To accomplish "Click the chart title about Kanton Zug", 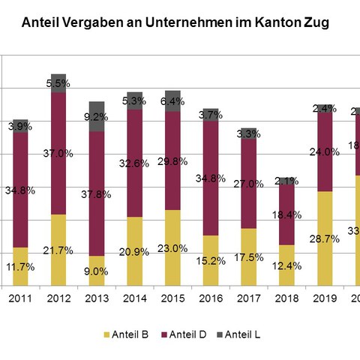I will point(175,23).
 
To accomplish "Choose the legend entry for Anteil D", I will point(187,333).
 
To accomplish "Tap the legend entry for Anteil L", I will point(242,333).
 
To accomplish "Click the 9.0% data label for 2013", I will point(97,271).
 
